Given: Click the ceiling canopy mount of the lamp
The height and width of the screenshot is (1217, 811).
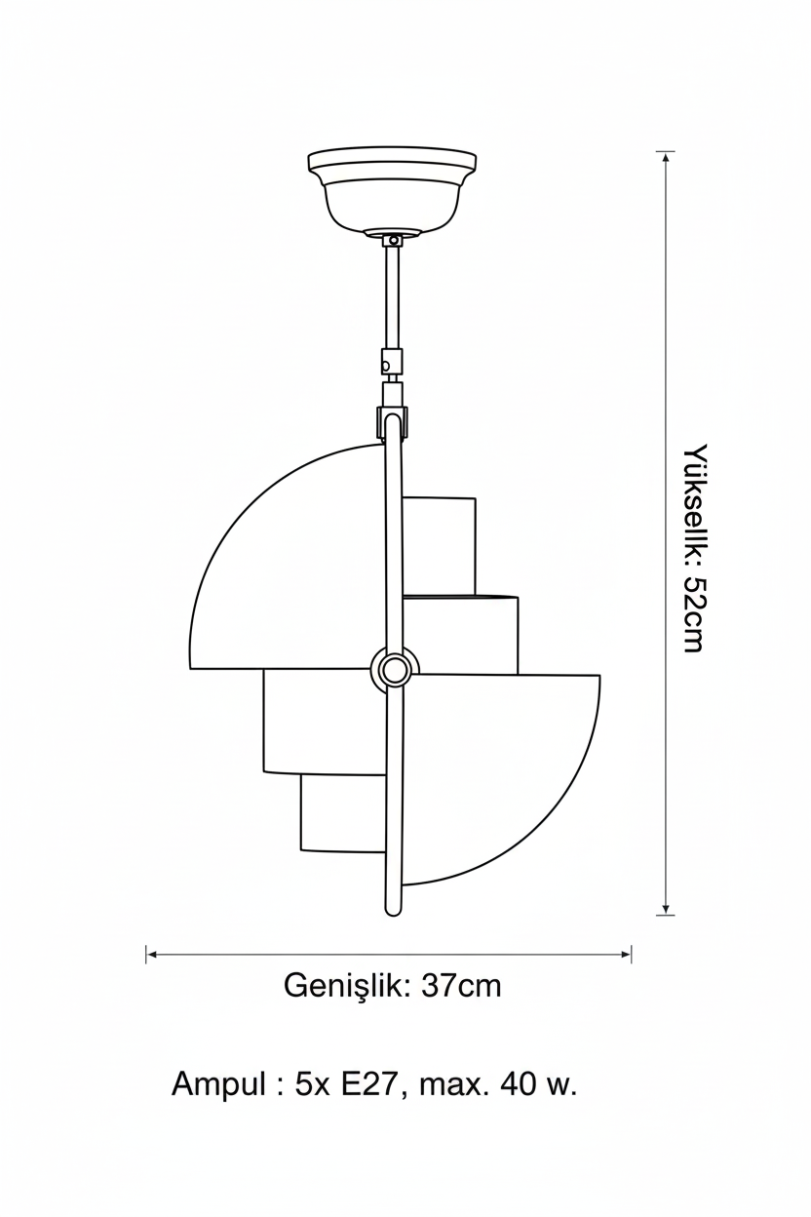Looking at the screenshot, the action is coord(392,192).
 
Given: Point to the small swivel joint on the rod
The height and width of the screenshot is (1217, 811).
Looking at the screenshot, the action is coord(392,361).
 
